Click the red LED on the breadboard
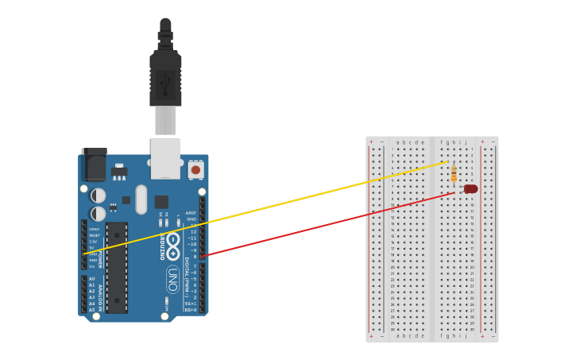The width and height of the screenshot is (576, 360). coord(470,189)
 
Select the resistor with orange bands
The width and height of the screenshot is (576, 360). coord(454,174)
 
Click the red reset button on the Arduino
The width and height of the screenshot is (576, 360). coord(195,169)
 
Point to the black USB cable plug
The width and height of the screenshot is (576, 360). coord(165,79)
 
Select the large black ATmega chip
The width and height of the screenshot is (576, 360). coord(117,267)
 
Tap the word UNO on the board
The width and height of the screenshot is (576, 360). coord(172,279)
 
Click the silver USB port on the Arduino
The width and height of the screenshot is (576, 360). coord(165,158)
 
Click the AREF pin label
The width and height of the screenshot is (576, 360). coord(191,213)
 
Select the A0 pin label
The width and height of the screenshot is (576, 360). coord(91,279)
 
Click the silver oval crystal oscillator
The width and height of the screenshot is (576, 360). coord(141,199)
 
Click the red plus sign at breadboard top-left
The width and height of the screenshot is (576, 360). coord(371,142)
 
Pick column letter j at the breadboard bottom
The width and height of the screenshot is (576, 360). coord(466,336)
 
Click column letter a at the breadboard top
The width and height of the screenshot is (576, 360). coord(397,142)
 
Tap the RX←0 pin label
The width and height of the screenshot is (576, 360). coord(191,310)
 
